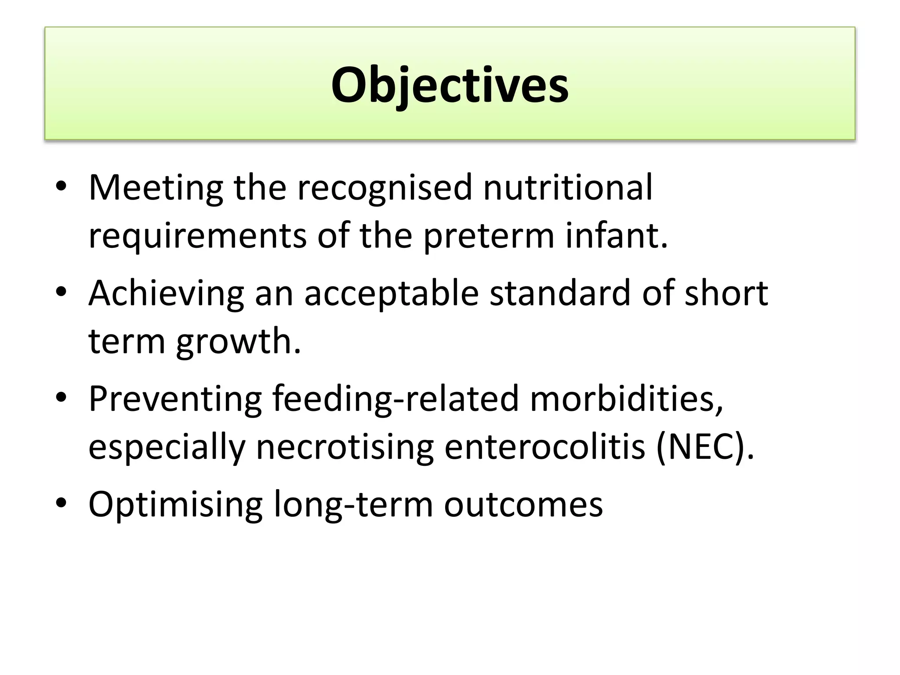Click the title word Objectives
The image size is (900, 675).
450,85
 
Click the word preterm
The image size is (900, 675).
489,236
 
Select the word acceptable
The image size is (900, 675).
391,294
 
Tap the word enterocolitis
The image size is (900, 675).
544,446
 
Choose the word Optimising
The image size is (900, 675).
175,504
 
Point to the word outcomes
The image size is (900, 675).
523,504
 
